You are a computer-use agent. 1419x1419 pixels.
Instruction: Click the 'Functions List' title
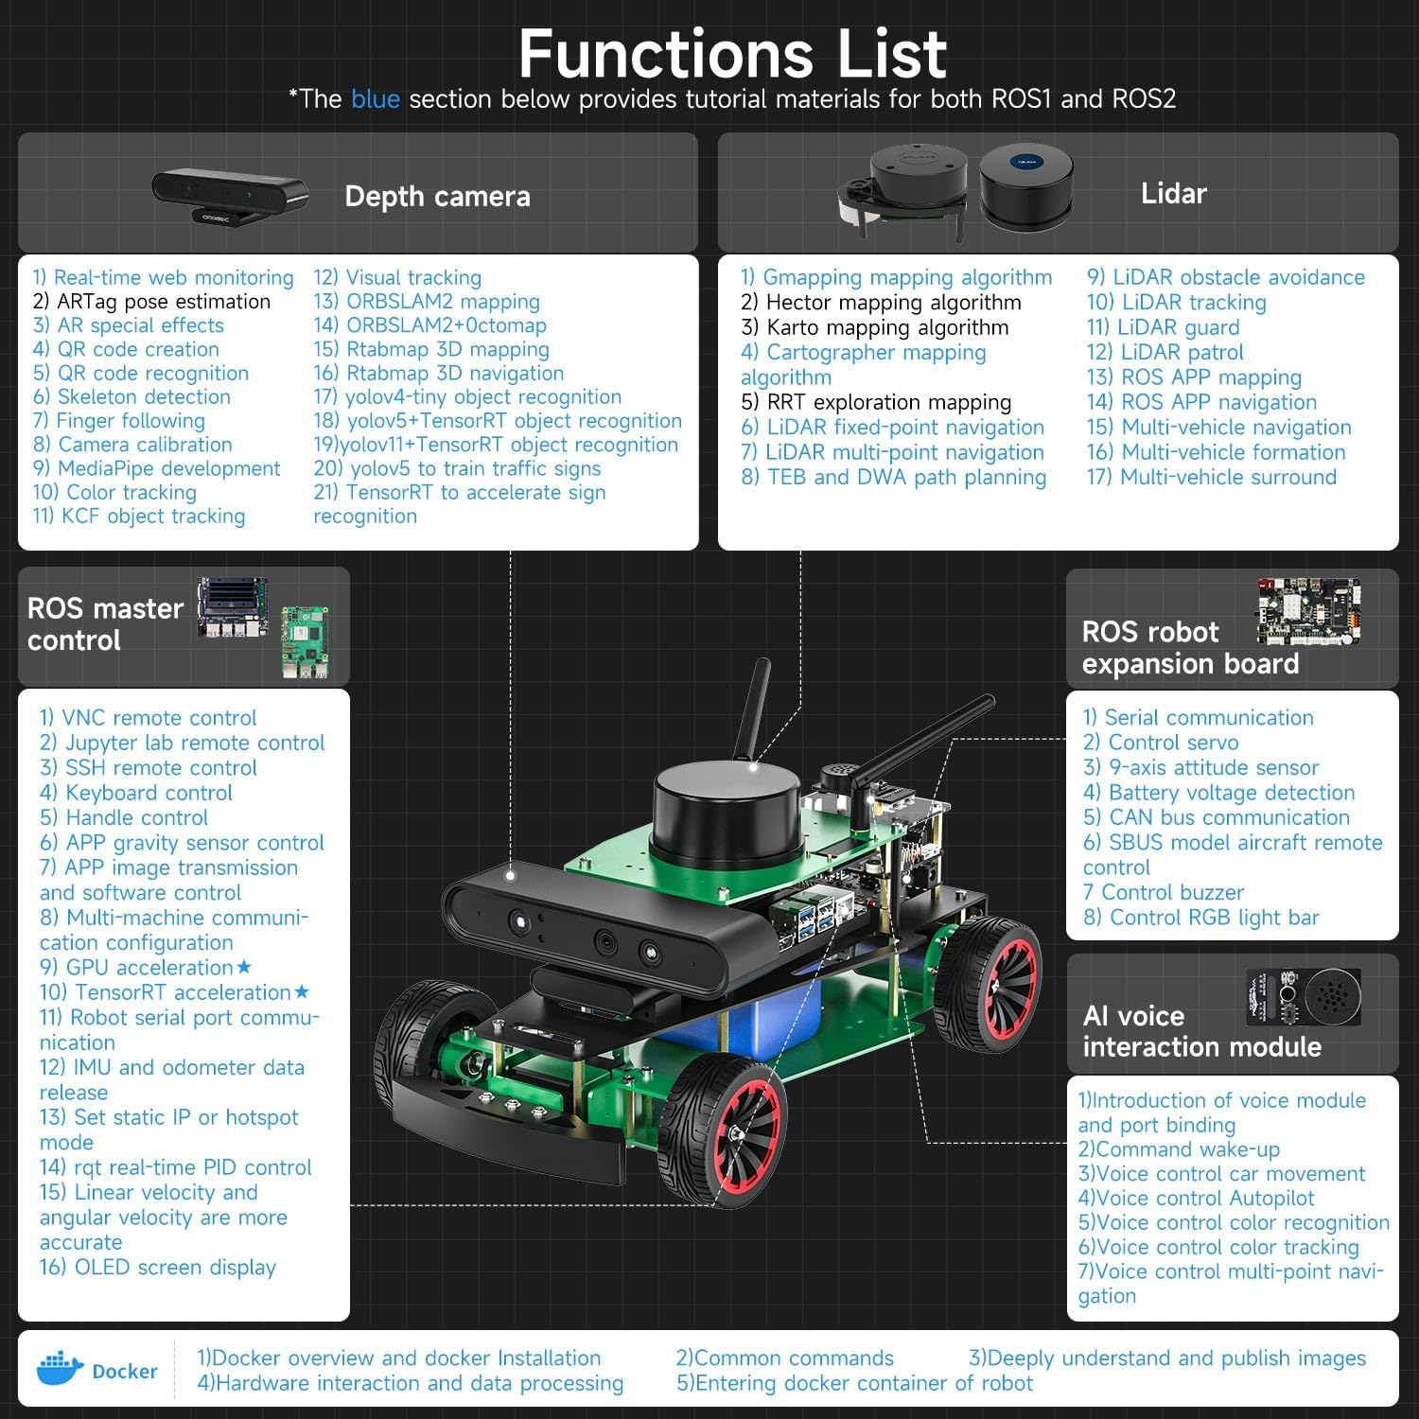[732, 54]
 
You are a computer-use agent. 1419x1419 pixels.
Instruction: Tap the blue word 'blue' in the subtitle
[375, 99]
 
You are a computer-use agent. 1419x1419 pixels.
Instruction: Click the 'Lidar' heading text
[1173, 194]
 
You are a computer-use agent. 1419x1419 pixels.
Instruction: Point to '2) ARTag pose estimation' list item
[151, 302]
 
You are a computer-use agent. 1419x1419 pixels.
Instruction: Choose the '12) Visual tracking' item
[397, 278]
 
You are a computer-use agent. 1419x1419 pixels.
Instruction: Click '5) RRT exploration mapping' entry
[876, 402]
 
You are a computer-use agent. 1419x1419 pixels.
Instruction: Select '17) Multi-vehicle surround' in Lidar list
[1211, 477]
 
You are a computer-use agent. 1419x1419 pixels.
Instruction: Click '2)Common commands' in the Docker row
[784, 1358]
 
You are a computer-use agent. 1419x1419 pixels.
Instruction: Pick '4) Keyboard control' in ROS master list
[135, 793]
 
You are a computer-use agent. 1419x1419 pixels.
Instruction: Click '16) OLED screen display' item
[157, 1268]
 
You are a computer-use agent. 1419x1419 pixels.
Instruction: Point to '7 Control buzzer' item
[1163, 892]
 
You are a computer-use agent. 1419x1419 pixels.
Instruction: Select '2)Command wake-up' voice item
[1179, 1149]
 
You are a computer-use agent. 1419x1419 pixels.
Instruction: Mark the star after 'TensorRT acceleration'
[302, 991]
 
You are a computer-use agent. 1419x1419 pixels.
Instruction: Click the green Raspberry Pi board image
[305, 641]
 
